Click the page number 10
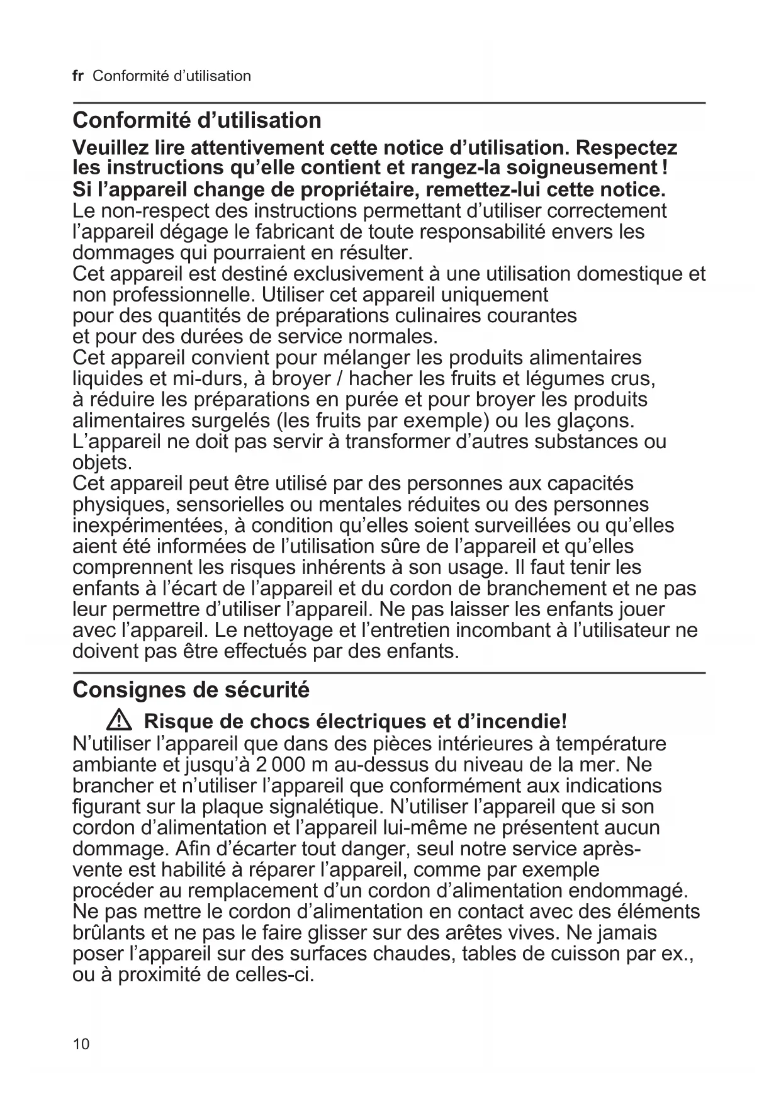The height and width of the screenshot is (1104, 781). click(x=81, y=1044)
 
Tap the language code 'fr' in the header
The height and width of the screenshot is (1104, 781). click(x=78, y=76)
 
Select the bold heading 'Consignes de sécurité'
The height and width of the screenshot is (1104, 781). click(x=191, y=690)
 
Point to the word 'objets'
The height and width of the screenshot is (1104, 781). click(x=101, y=463)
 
